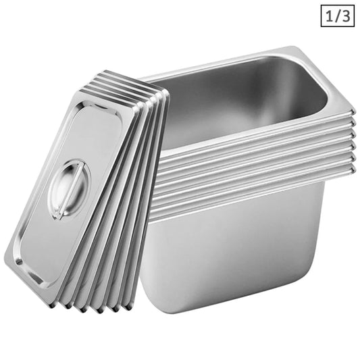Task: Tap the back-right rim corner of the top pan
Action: point(296,49)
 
